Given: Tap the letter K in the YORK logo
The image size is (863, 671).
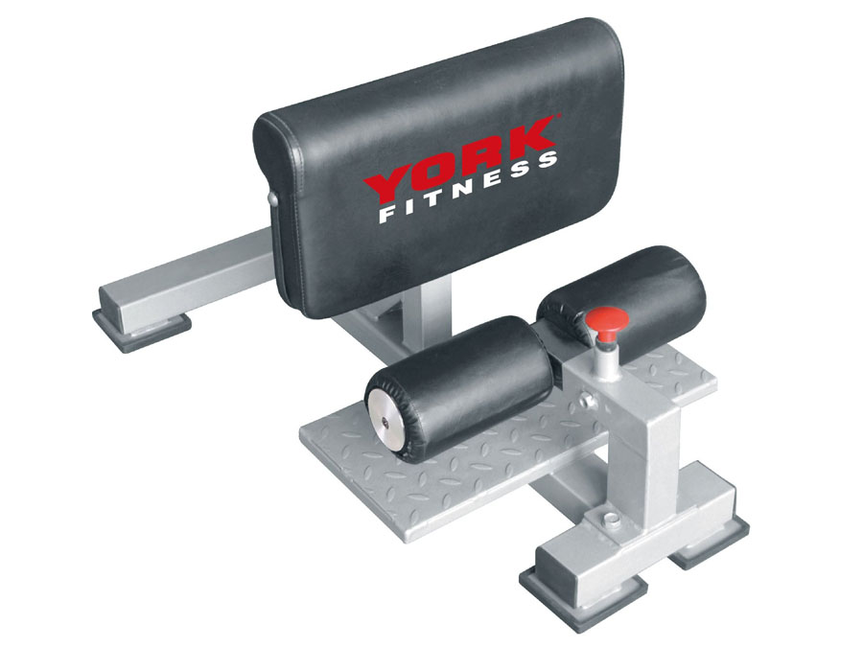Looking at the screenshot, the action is point(528,135).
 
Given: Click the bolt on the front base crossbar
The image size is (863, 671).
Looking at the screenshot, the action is point(609,519).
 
